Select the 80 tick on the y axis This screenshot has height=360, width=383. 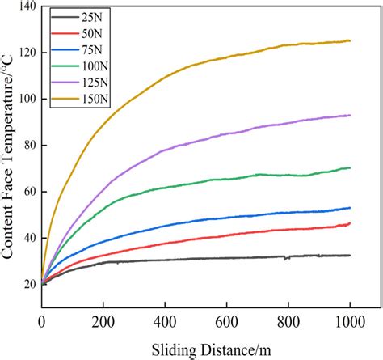(25, 146)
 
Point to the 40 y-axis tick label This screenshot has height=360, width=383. (25, 238)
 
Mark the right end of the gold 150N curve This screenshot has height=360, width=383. (350, 40)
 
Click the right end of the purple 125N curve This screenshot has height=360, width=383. (350, 116)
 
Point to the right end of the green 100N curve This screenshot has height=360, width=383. (350, 167)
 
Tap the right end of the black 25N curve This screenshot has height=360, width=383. (350, 255)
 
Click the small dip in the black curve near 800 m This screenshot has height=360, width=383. (286, 258)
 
